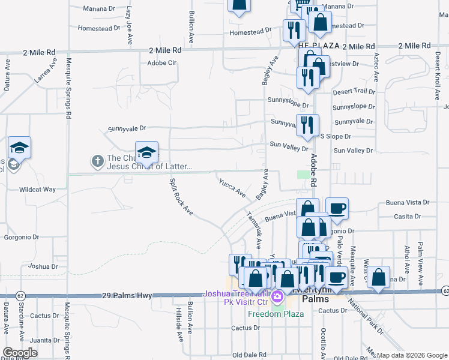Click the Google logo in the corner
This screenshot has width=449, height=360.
tap(20, 353)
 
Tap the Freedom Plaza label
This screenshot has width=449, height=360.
tap(273, 312)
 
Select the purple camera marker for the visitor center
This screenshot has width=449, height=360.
tap(277, 296)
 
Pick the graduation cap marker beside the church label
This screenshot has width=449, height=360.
tap(146, 153)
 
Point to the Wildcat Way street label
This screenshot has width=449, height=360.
tap(37, 189)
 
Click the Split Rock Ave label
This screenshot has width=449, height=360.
tap(180, 197)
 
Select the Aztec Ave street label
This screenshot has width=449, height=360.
tap(376, 65)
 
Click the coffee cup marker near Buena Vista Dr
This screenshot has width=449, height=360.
tap(337, 209)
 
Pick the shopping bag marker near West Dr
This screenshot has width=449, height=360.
tap(378, 277)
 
